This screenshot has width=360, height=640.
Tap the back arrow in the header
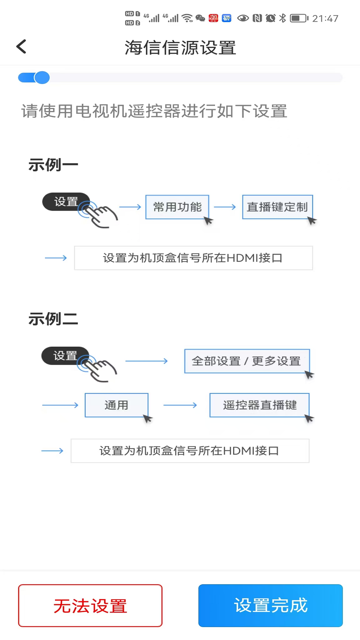pos(21,47)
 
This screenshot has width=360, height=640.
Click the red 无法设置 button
pos(90,605)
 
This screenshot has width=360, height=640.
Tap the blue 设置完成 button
pos(270,605)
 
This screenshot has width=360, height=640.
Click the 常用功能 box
pos(177,207)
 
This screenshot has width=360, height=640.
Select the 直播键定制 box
pos(277,207)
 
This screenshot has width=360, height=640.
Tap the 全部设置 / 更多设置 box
pos(247,361)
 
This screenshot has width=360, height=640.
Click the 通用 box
pos(116,405)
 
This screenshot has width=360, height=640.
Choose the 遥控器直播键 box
pos(259,405)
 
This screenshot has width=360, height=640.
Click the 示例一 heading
pos(53,165)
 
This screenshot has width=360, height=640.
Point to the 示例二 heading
pos(53,319)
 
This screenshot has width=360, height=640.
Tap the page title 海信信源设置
pos(180,47)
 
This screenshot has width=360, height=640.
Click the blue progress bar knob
pos(42,78)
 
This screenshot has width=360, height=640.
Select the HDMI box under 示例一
pos(193,258)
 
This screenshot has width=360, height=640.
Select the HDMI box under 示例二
pos(190,451)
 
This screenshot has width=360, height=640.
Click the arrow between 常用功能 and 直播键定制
pos(225,207)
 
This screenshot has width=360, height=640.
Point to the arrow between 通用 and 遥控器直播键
pos(180,405)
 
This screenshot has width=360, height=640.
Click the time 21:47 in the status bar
pos(325,18)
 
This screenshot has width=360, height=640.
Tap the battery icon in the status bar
pos(299,18)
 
